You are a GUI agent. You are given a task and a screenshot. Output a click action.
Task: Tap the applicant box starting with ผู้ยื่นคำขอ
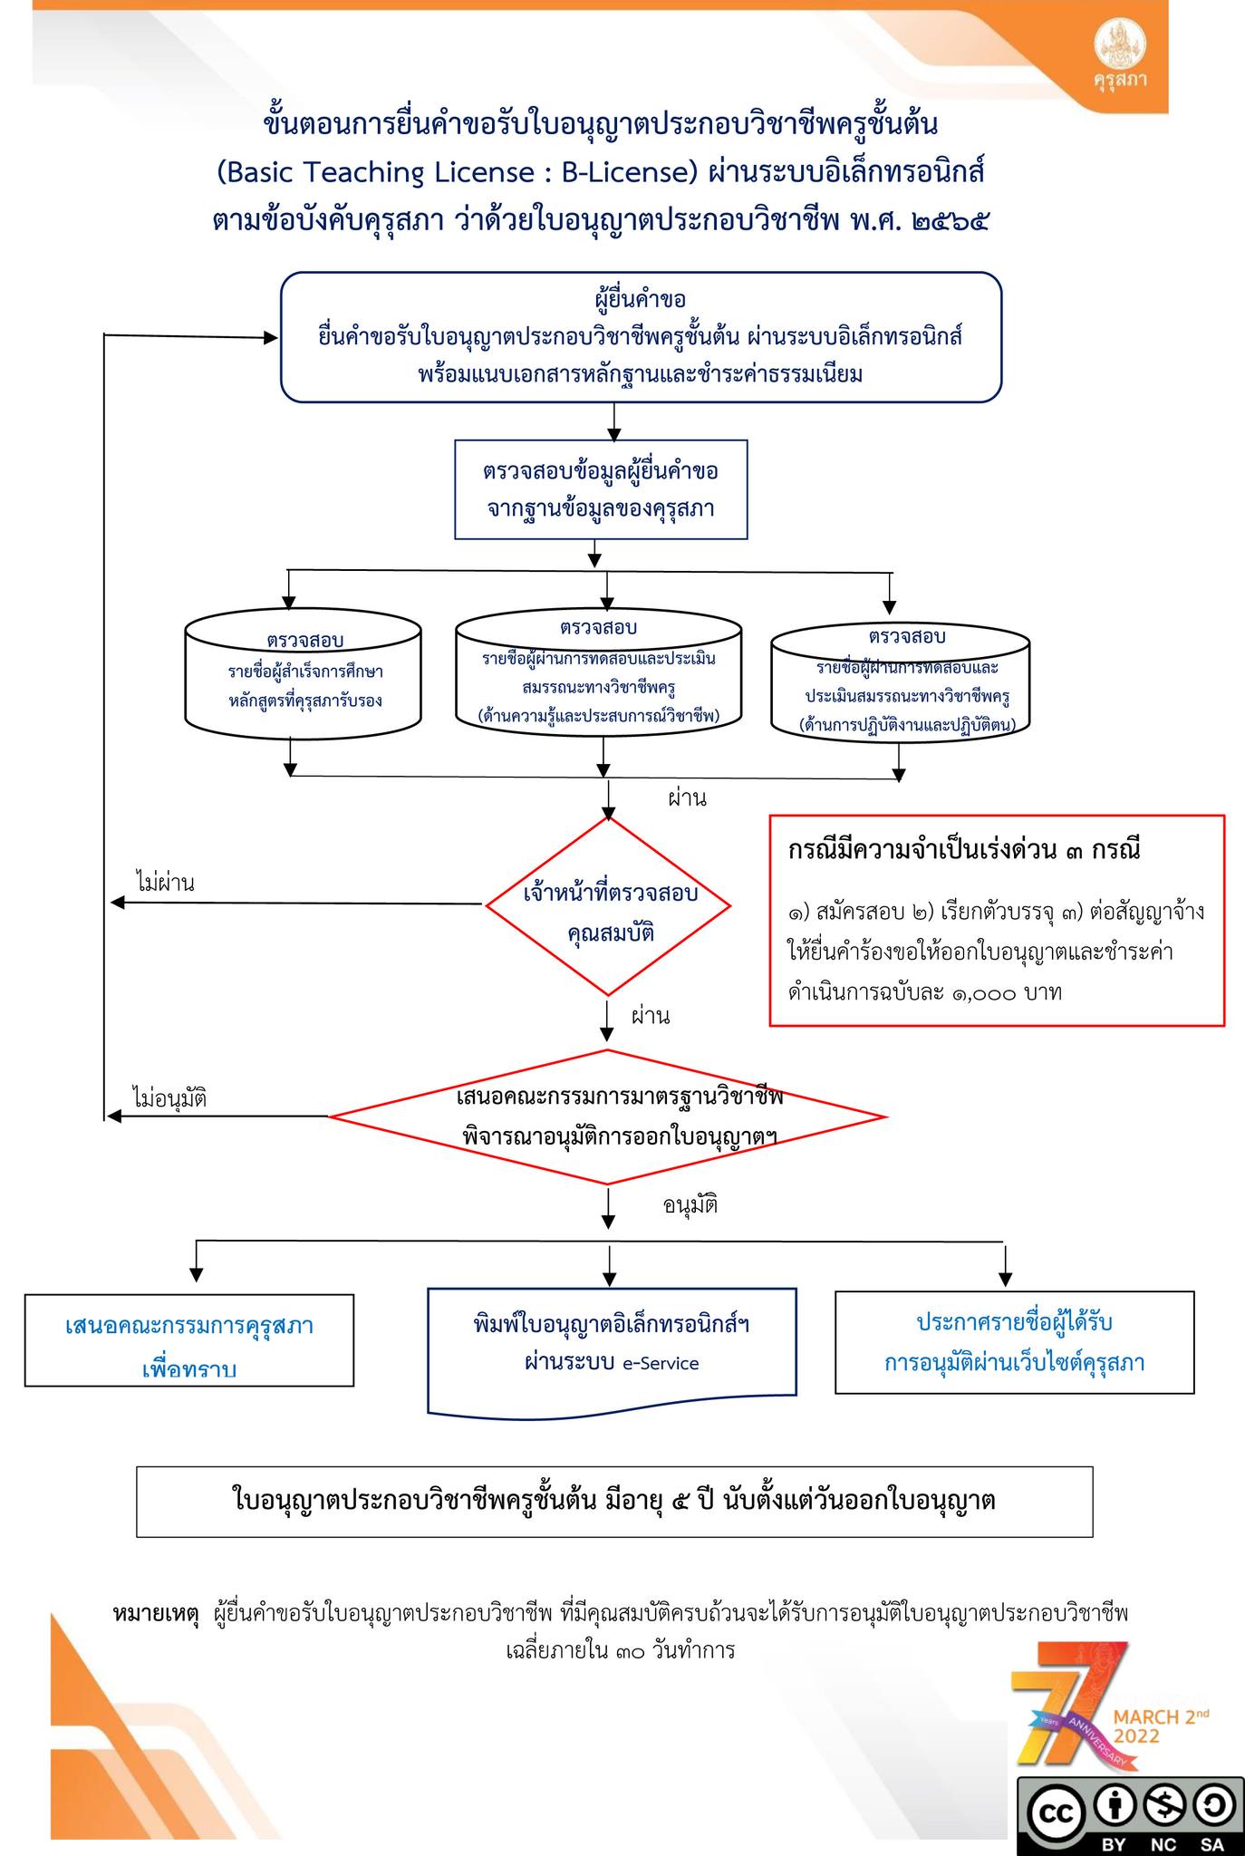[x=641, y=336]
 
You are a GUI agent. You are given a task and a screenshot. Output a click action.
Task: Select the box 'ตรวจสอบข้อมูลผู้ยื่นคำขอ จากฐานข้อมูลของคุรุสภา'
[x=601, y=489]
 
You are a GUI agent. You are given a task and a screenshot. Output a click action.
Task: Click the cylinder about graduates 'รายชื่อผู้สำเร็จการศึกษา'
[x=304, y=680]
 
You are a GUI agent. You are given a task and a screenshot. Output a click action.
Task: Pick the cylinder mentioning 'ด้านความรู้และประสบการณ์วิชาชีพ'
[x=598, y=675]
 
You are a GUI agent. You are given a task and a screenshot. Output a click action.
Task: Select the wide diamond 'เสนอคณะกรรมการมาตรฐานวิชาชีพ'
[x=607, y=1116]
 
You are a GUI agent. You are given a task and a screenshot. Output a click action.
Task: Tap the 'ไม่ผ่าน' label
[x=166, y=882]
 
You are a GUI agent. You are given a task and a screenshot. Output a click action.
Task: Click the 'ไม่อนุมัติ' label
[x=169, y=1098]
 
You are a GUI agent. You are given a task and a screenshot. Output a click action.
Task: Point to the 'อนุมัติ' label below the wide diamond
[x=690, y=1206]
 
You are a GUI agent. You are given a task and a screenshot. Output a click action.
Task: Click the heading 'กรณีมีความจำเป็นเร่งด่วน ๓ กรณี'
[x=963, y=851]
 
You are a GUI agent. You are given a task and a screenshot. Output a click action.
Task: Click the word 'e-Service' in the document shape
[x=661, y=1364]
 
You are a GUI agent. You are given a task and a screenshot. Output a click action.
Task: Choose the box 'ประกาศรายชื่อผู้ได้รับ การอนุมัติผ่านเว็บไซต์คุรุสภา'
[x=1014, y=1342]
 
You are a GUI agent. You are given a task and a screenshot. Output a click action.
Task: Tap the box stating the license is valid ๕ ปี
[x=614, y=1501]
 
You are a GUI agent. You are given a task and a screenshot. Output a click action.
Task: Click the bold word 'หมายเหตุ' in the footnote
[x=156, y=1613]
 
